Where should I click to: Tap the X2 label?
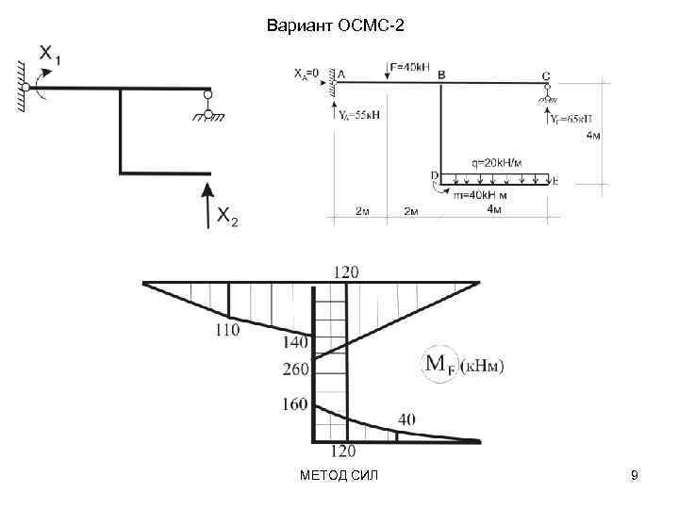pos(228,219)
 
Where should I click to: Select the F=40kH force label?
pos(409,67)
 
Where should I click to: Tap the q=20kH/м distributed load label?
pos(501,162)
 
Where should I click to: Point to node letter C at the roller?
pos(546,74)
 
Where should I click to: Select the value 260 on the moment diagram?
pos(295,369)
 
